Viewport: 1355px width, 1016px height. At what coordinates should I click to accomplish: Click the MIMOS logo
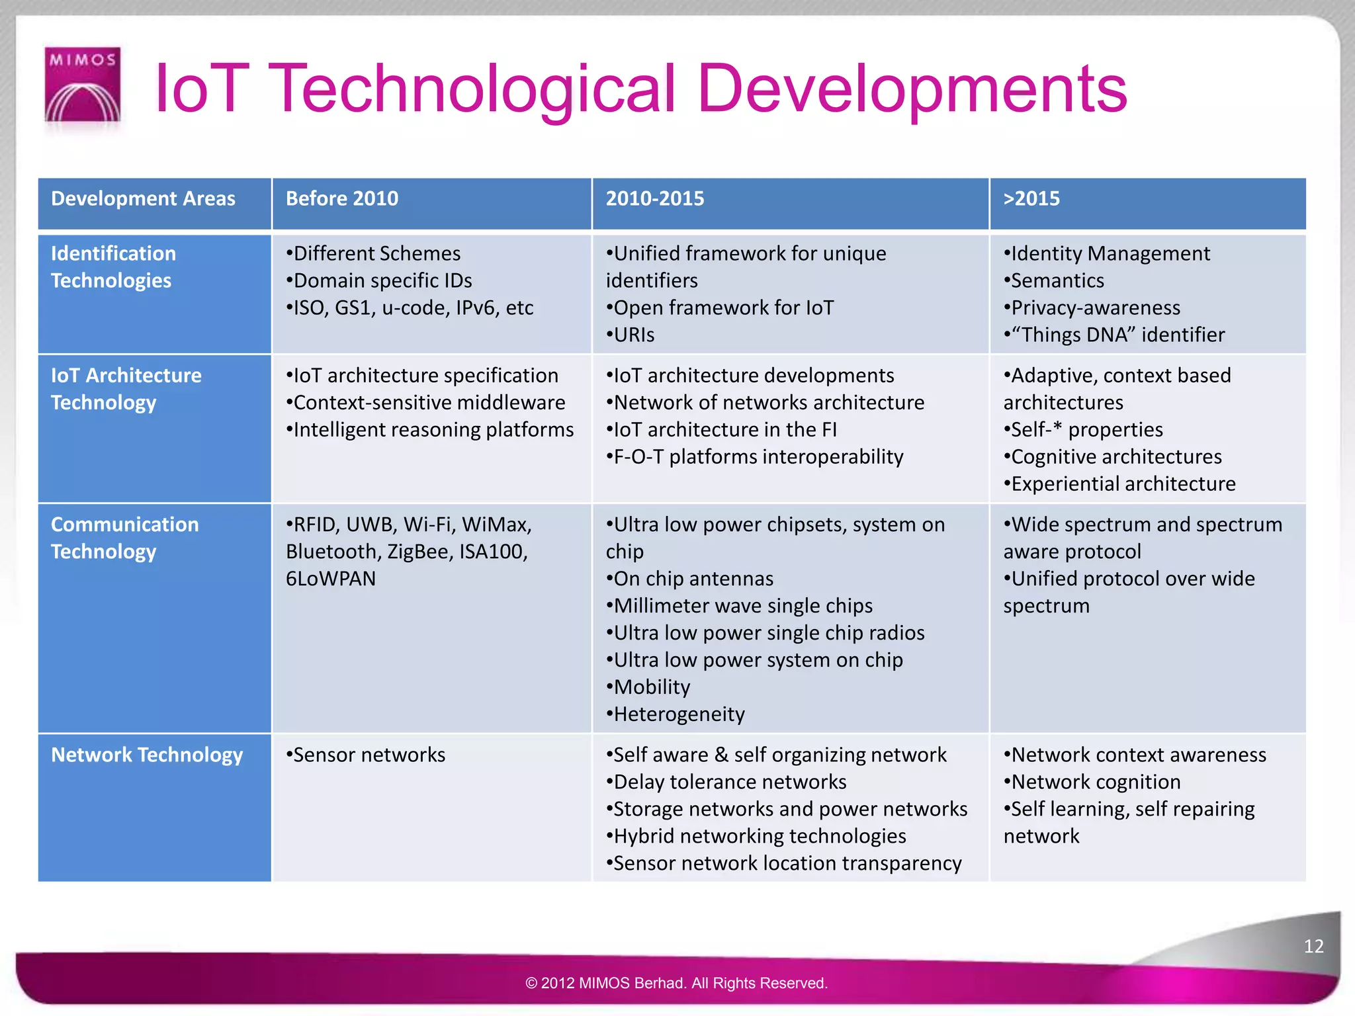[x=82, y=85]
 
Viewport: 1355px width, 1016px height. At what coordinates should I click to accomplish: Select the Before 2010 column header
[x=342, y=198]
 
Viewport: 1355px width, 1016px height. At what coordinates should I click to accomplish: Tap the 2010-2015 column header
[x=655, y=198]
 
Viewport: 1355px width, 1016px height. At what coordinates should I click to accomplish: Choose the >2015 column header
[x=1031, y=198]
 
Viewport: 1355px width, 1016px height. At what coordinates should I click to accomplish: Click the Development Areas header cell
[x=143, y=198]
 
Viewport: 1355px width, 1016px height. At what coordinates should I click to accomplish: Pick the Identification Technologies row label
[x=113, y=267]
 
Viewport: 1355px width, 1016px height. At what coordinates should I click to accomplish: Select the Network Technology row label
[x=147, y=755]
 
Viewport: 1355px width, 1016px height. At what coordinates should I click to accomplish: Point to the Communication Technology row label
[x=124, y=538]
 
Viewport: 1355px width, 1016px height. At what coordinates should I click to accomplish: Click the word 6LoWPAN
[x=331, y=579]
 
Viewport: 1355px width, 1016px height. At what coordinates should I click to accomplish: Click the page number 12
[x=1313, y=946]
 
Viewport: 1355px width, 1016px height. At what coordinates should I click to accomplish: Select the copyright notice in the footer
[x=676, y=983]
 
